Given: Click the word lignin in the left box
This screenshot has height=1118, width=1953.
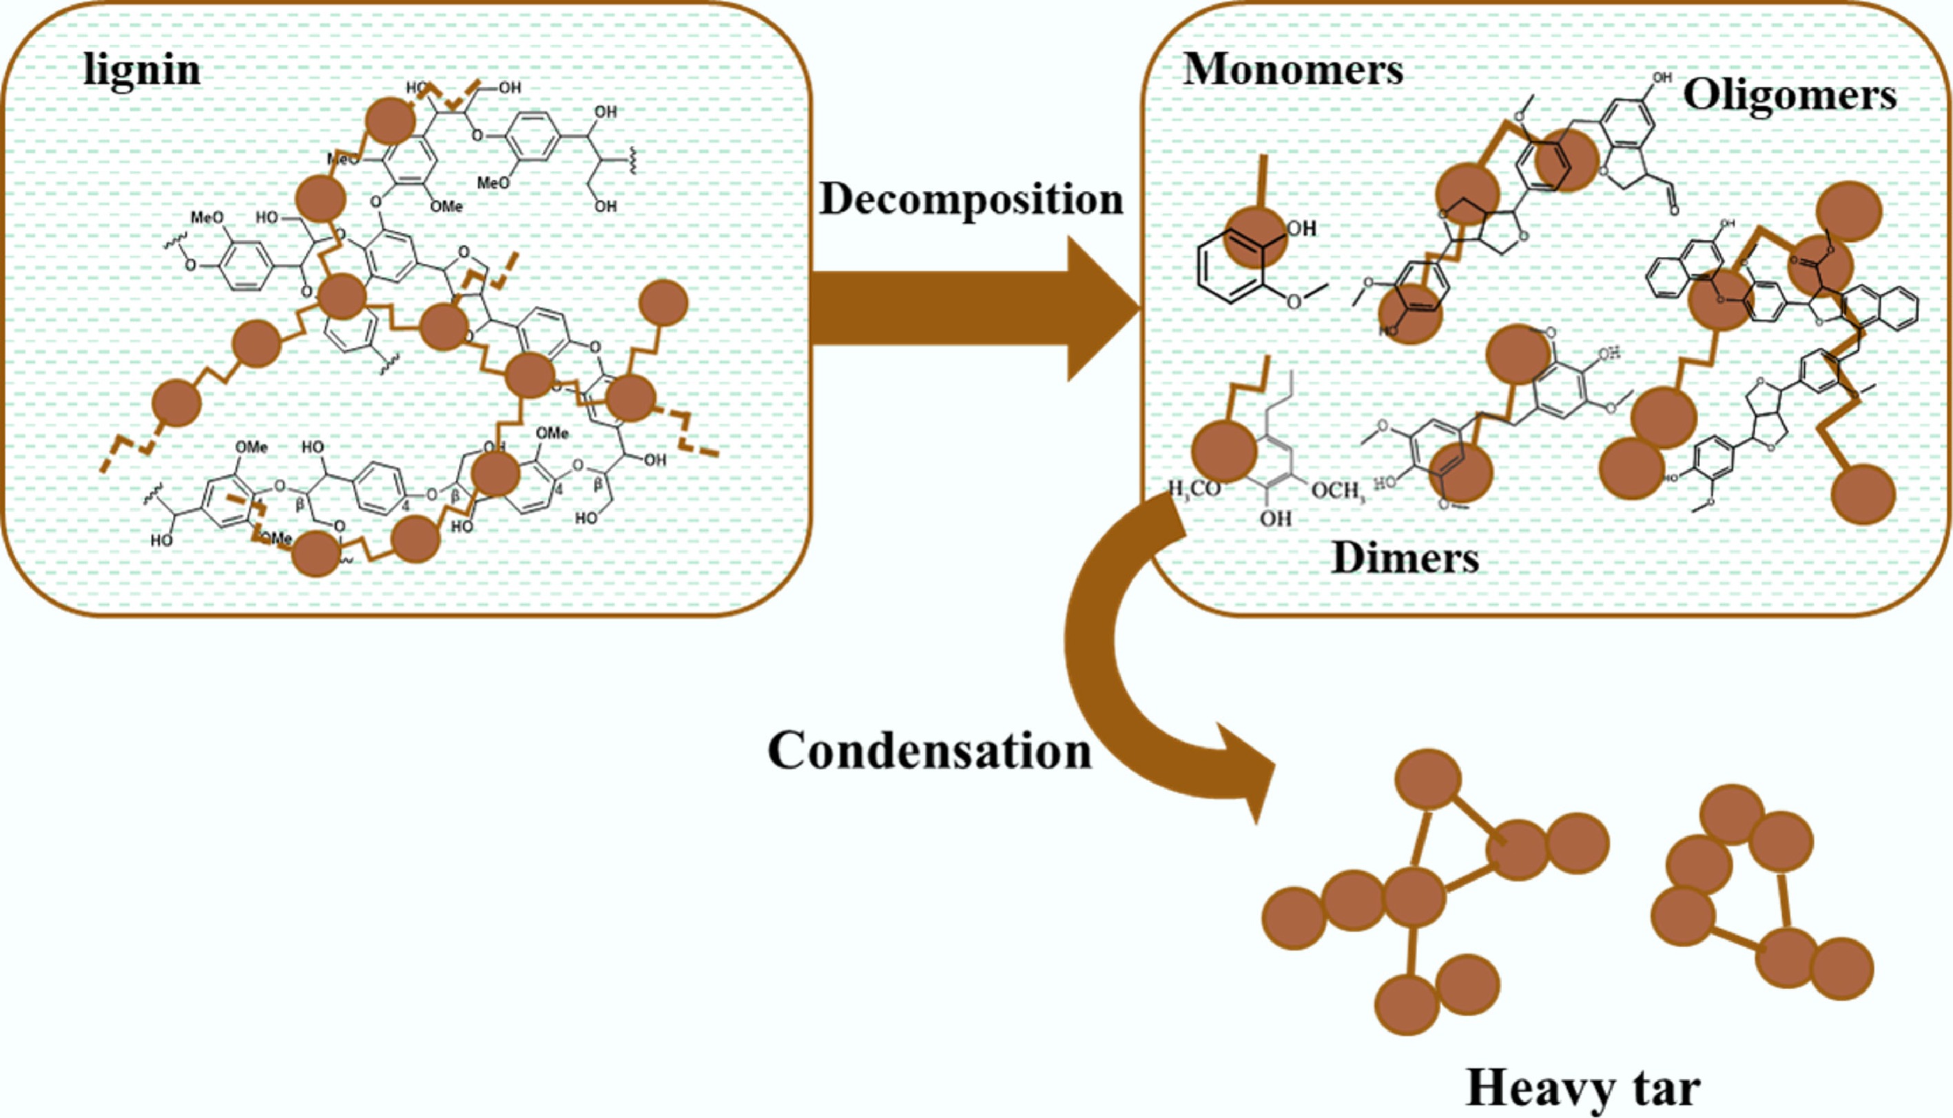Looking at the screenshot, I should (142, 71).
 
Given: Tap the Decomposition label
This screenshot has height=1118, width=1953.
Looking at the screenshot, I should (971, 200).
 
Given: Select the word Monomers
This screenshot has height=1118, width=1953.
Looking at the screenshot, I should (1293, 71).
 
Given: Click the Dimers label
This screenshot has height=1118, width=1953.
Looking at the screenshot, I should (1405, 558).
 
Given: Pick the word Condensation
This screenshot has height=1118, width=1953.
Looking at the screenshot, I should (929, 750).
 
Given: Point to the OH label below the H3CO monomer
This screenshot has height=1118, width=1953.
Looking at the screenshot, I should (1275, 519).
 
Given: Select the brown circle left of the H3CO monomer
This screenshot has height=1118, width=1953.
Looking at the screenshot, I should (1223, 451).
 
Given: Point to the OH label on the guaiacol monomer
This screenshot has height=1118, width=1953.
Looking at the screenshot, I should (1301, 228).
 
